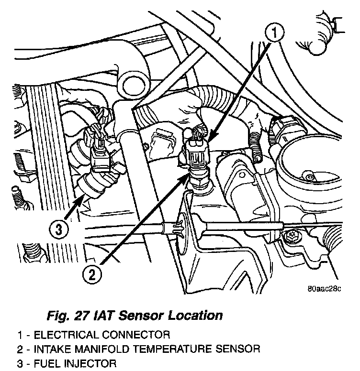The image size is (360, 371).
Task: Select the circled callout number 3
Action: pos(58,230)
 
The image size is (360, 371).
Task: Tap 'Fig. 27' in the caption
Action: pos(65,316)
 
